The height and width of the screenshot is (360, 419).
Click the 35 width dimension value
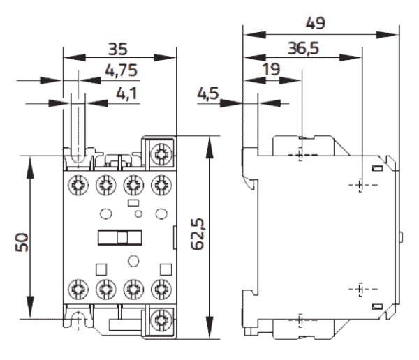118,49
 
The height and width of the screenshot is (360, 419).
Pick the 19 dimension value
273,71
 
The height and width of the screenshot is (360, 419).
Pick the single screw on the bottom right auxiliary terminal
162,320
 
